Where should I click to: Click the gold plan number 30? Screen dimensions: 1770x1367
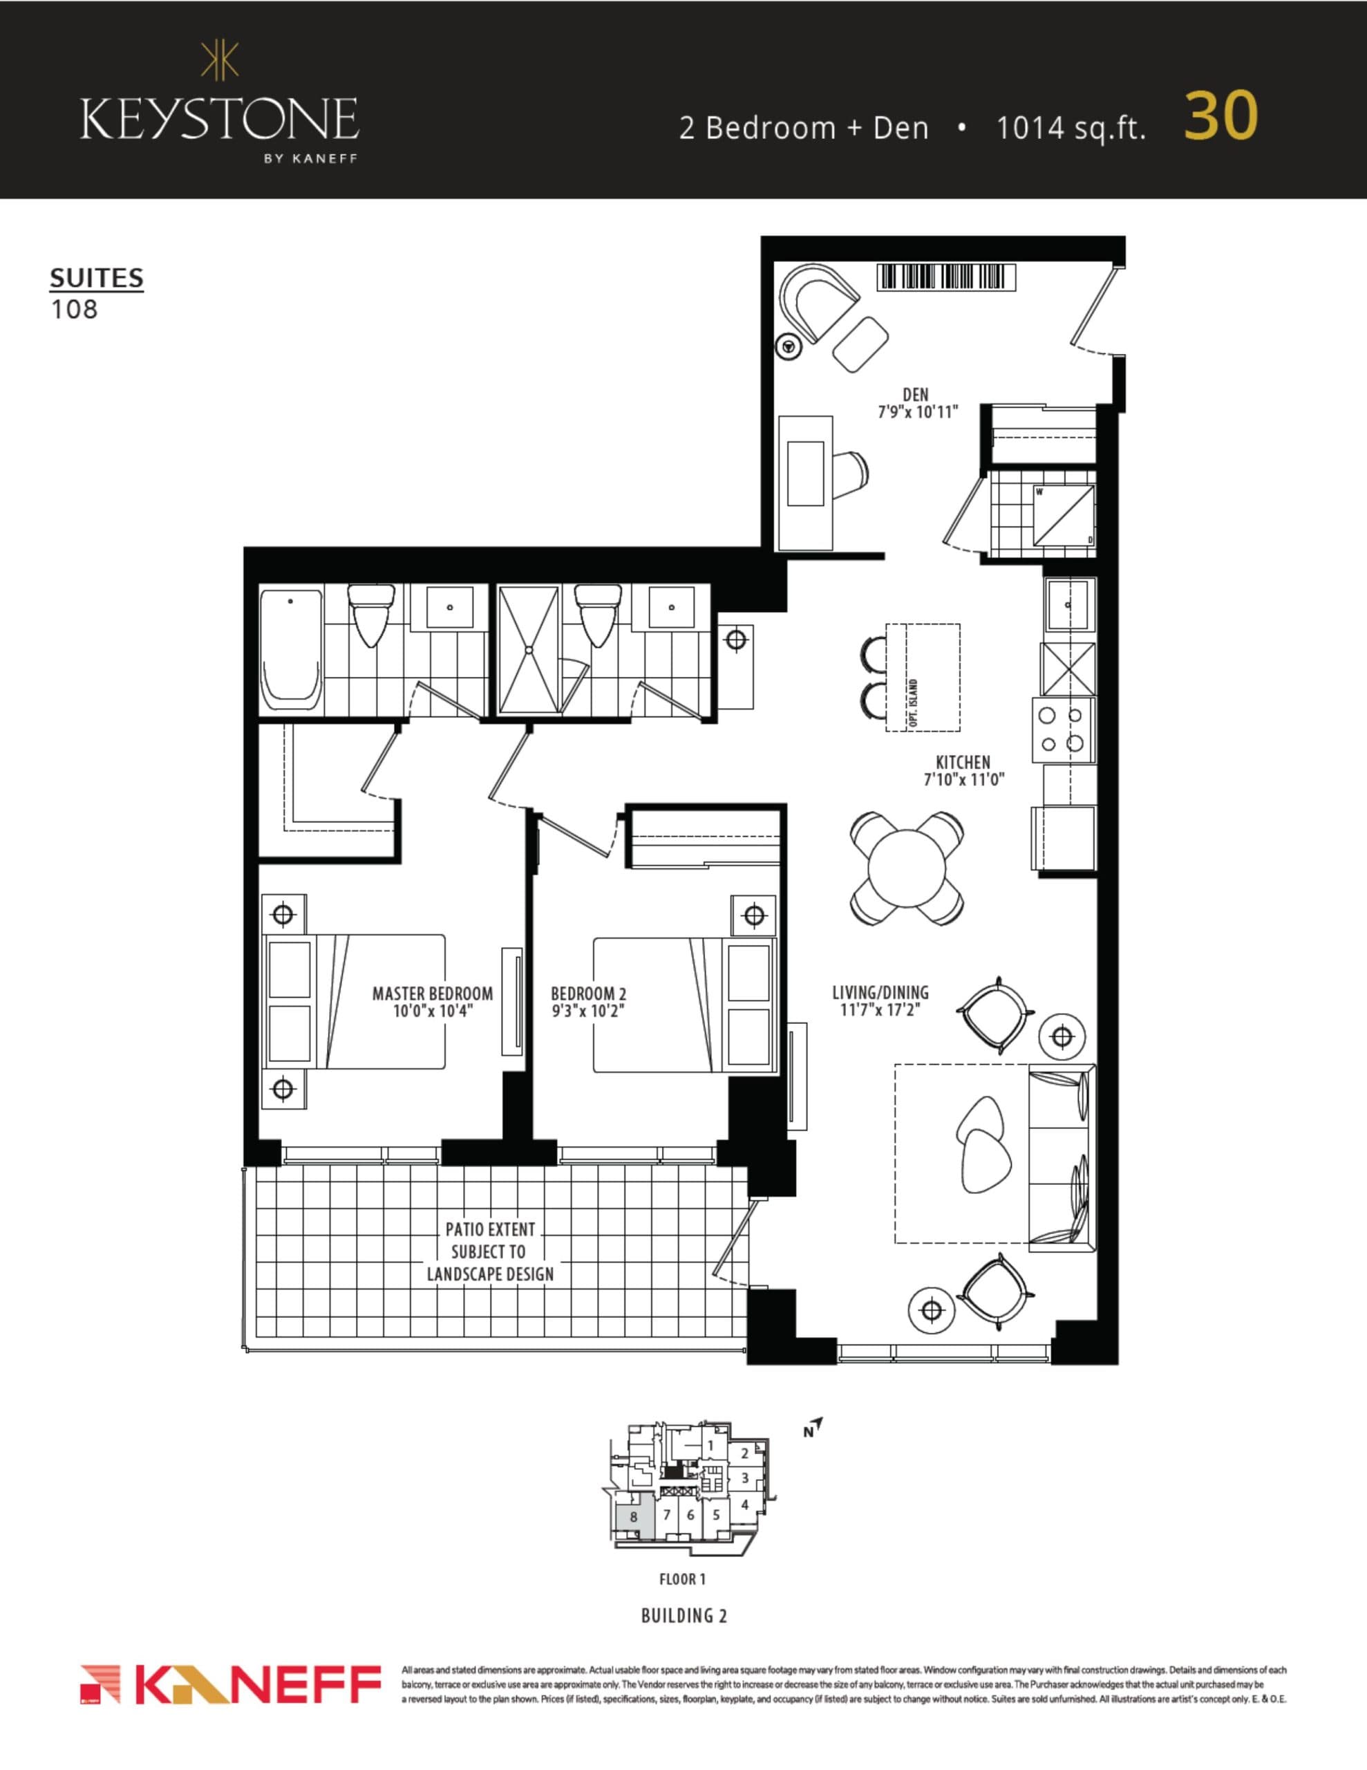pos(1220,116)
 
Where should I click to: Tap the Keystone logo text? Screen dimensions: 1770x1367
pos(219,119)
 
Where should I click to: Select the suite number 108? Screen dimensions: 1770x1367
pos(75,310)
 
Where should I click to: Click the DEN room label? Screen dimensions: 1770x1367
pos(916,395)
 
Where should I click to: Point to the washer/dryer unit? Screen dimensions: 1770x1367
pos(1064,515)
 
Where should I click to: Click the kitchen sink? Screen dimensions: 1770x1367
pos(1070,604)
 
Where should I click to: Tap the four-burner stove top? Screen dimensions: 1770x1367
pos(1062,729)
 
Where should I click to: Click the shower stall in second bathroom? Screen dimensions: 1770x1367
pos(528,649)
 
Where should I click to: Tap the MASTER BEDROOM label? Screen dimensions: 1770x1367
pos(432,994)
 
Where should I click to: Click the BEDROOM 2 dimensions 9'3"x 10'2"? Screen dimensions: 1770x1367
pos(588,1012)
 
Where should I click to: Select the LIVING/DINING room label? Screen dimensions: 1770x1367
pos(880,992)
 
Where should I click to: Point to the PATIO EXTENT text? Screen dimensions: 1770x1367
pos(490,1229)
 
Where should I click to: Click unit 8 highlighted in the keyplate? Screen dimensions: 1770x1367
pos(634,1517)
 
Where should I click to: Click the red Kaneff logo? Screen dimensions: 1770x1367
pos(231,1684)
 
